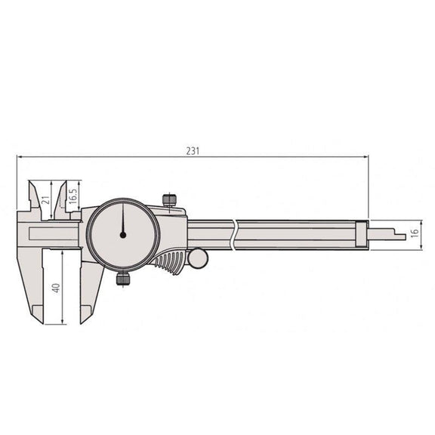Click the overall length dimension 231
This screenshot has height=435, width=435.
click(x=193, y=150)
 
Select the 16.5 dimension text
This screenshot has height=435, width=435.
click(x=72, y=199)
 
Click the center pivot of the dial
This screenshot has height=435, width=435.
click(x=122, y=235)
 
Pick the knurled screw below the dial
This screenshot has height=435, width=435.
click(x=122, y=279)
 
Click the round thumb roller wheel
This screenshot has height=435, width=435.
click(x=198, y=259)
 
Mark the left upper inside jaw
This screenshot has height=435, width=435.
click(x=34, y=196)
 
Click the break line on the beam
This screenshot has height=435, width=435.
click(x=236, y=234)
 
